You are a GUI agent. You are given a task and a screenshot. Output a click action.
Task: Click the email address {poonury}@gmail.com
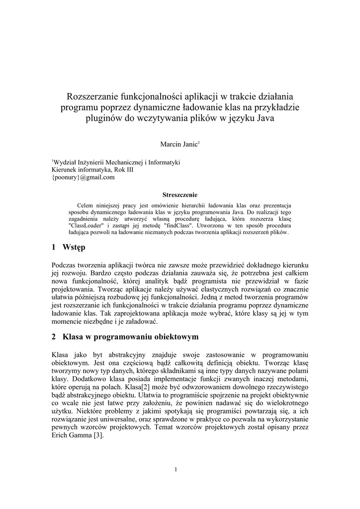pos(83,176)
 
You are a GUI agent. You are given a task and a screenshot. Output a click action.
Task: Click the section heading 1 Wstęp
pos(69,247)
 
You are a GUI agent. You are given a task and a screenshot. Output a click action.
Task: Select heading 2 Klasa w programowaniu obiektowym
pos(125,337)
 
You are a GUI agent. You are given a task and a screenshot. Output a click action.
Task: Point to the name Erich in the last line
pos(61,435)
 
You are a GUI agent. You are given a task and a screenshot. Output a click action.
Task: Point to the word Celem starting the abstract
pos(86,205)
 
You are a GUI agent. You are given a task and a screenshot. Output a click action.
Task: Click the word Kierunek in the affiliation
pos(65,170)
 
